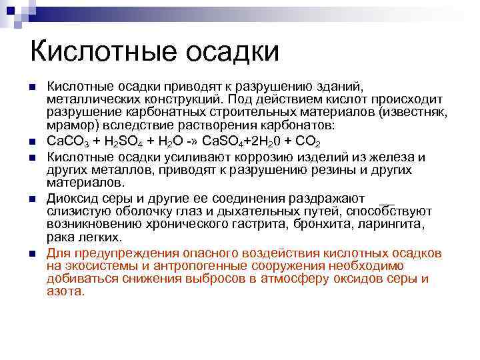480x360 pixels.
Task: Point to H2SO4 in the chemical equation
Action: [x=123, y=142]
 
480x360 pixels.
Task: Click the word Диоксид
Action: [x=70, y=199]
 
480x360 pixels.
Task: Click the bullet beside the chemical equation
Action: [x=31, y=142]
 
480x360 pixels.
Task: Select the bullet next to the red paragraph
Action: [x=31, y=254]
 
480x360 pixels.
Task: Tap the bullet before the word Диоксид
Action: [x=31, y=199]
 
